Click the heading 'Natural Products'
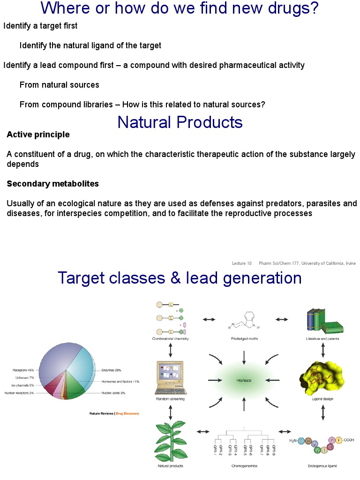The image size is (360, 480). (180, 122)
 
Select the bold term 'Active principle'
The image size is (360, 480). (38, 135)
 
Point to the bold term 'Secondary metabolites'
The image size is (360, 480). (52, 184)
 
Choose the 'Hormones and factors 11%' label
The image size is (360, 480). (120, 382)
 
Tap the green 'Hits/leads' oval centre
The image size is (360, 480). (244, 380)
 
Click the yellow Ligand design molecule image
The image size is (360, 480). (322, 378)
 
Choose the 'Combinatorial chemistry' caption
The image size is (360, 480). (170, 338)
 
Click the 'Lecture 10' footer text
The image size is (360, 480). (242, 263)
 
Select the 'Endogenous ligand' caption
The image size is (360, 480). (322, 466)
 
